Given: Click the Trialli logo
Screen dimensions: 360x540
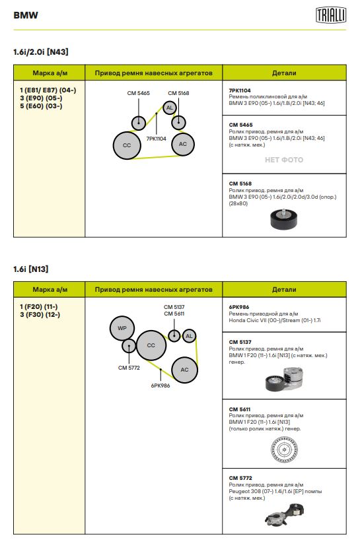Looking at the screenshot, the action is (331, 15).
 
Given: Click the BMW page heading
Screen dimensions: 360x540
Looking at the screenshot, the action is (26, 15).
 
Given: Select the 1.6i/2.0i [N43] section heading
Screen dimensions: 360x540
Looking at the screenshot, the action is (41, 52).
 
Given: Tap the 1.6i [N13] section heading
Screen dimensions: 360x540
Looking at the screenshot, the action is (30, 269).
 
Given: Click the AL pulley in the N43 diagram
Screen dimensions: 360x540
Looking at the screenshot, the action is (170, 108).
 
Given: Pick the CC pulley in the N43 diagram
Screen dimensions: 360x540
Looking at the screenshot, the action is (127, 145).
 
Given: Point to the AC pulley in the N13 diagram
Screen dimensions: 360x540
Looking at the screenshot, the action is (185, 370).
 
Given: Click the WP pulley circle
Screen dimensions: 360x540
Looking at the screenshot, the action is (122, 328).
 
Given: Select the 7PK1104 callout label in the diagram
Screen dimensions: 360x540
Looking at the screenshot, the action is (156, 139).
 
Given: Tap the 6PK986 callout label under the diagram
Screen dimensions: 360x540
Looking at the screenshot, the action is (161, 386).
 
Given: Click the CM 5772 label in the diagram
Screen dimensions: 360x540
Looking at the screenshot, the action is (129, 368).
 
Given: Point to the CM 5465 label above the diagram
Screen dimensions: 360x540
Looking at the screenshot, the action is (139, 93).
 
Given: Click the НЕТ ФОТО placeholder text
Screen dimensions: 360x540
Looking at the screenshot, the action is (284, 160).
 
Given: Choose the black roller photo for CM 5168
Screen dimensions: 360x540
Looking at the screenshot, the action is (283, 219).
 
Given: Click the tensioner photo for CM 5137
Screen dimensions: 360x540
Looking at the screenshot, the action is (284, 379).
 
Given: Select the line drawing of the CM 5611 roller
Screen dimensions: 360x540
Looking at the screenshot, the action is (284, 449).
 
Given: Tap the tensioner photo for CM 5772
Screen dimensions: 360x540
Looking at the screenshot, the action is (285, 514).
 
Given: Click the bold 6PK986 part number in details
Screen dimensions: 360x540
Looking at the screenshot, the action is (238, 307).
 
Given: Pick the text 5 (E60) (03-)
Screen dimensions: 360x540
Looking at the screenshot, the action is (41, 106).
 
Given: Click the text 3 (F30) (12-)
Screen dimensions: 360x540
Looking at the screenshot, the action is (40, 314).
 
